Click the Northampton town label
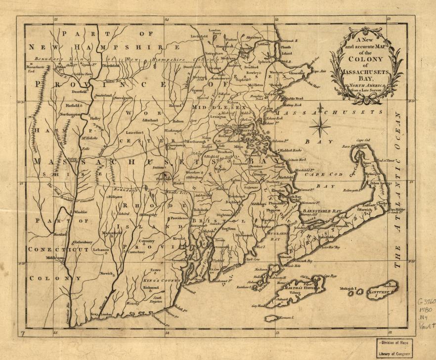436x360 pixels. (x=70, y=114)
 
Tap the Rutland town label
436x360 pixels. (x=151, y=120)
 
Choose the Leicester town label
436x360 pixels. (x=134, y=133)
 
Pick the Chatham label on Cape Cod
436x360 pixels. (x=382, y=202)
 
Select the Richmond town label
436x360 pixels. (x=151, y=287)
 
